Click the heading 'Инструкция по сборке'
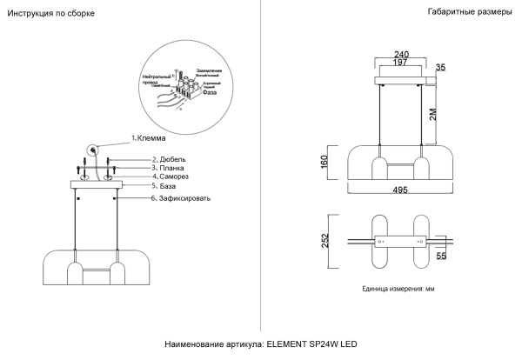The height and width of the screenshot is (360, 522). pyautogui.click(x=51, y=15)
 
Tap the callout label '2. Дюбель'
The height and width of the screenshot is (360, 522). pyautogui.click(x=169, y=159)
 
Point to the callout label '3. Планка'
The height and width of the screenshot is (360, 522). pyautogui.click(x=168, y=168)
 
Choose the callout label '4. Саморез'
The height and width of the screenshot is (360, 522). pyautogui.click(x=171, y=177)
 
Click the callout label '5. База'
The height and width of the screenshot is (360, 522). pyautogui.click(x=164, y=186)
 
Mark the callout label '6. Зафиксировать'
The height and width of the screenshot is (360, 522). pyautogui.click(x=180, y=198)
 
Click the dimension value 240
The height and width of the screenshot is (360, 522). pyautogui.click(x=401, y=54)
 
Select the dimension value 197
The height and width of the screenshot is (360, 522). pyautogui.click(x=401, y=63)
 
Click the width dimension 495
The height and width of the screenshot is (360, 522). pyautogui.click(x=401, y=197)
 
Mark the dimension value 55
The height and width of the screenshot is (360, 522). pyautogui.click(x=441, y=257)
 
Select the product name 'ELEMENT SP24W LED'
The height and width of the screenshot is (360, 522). pyautogui.click(x=311, y=345)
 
